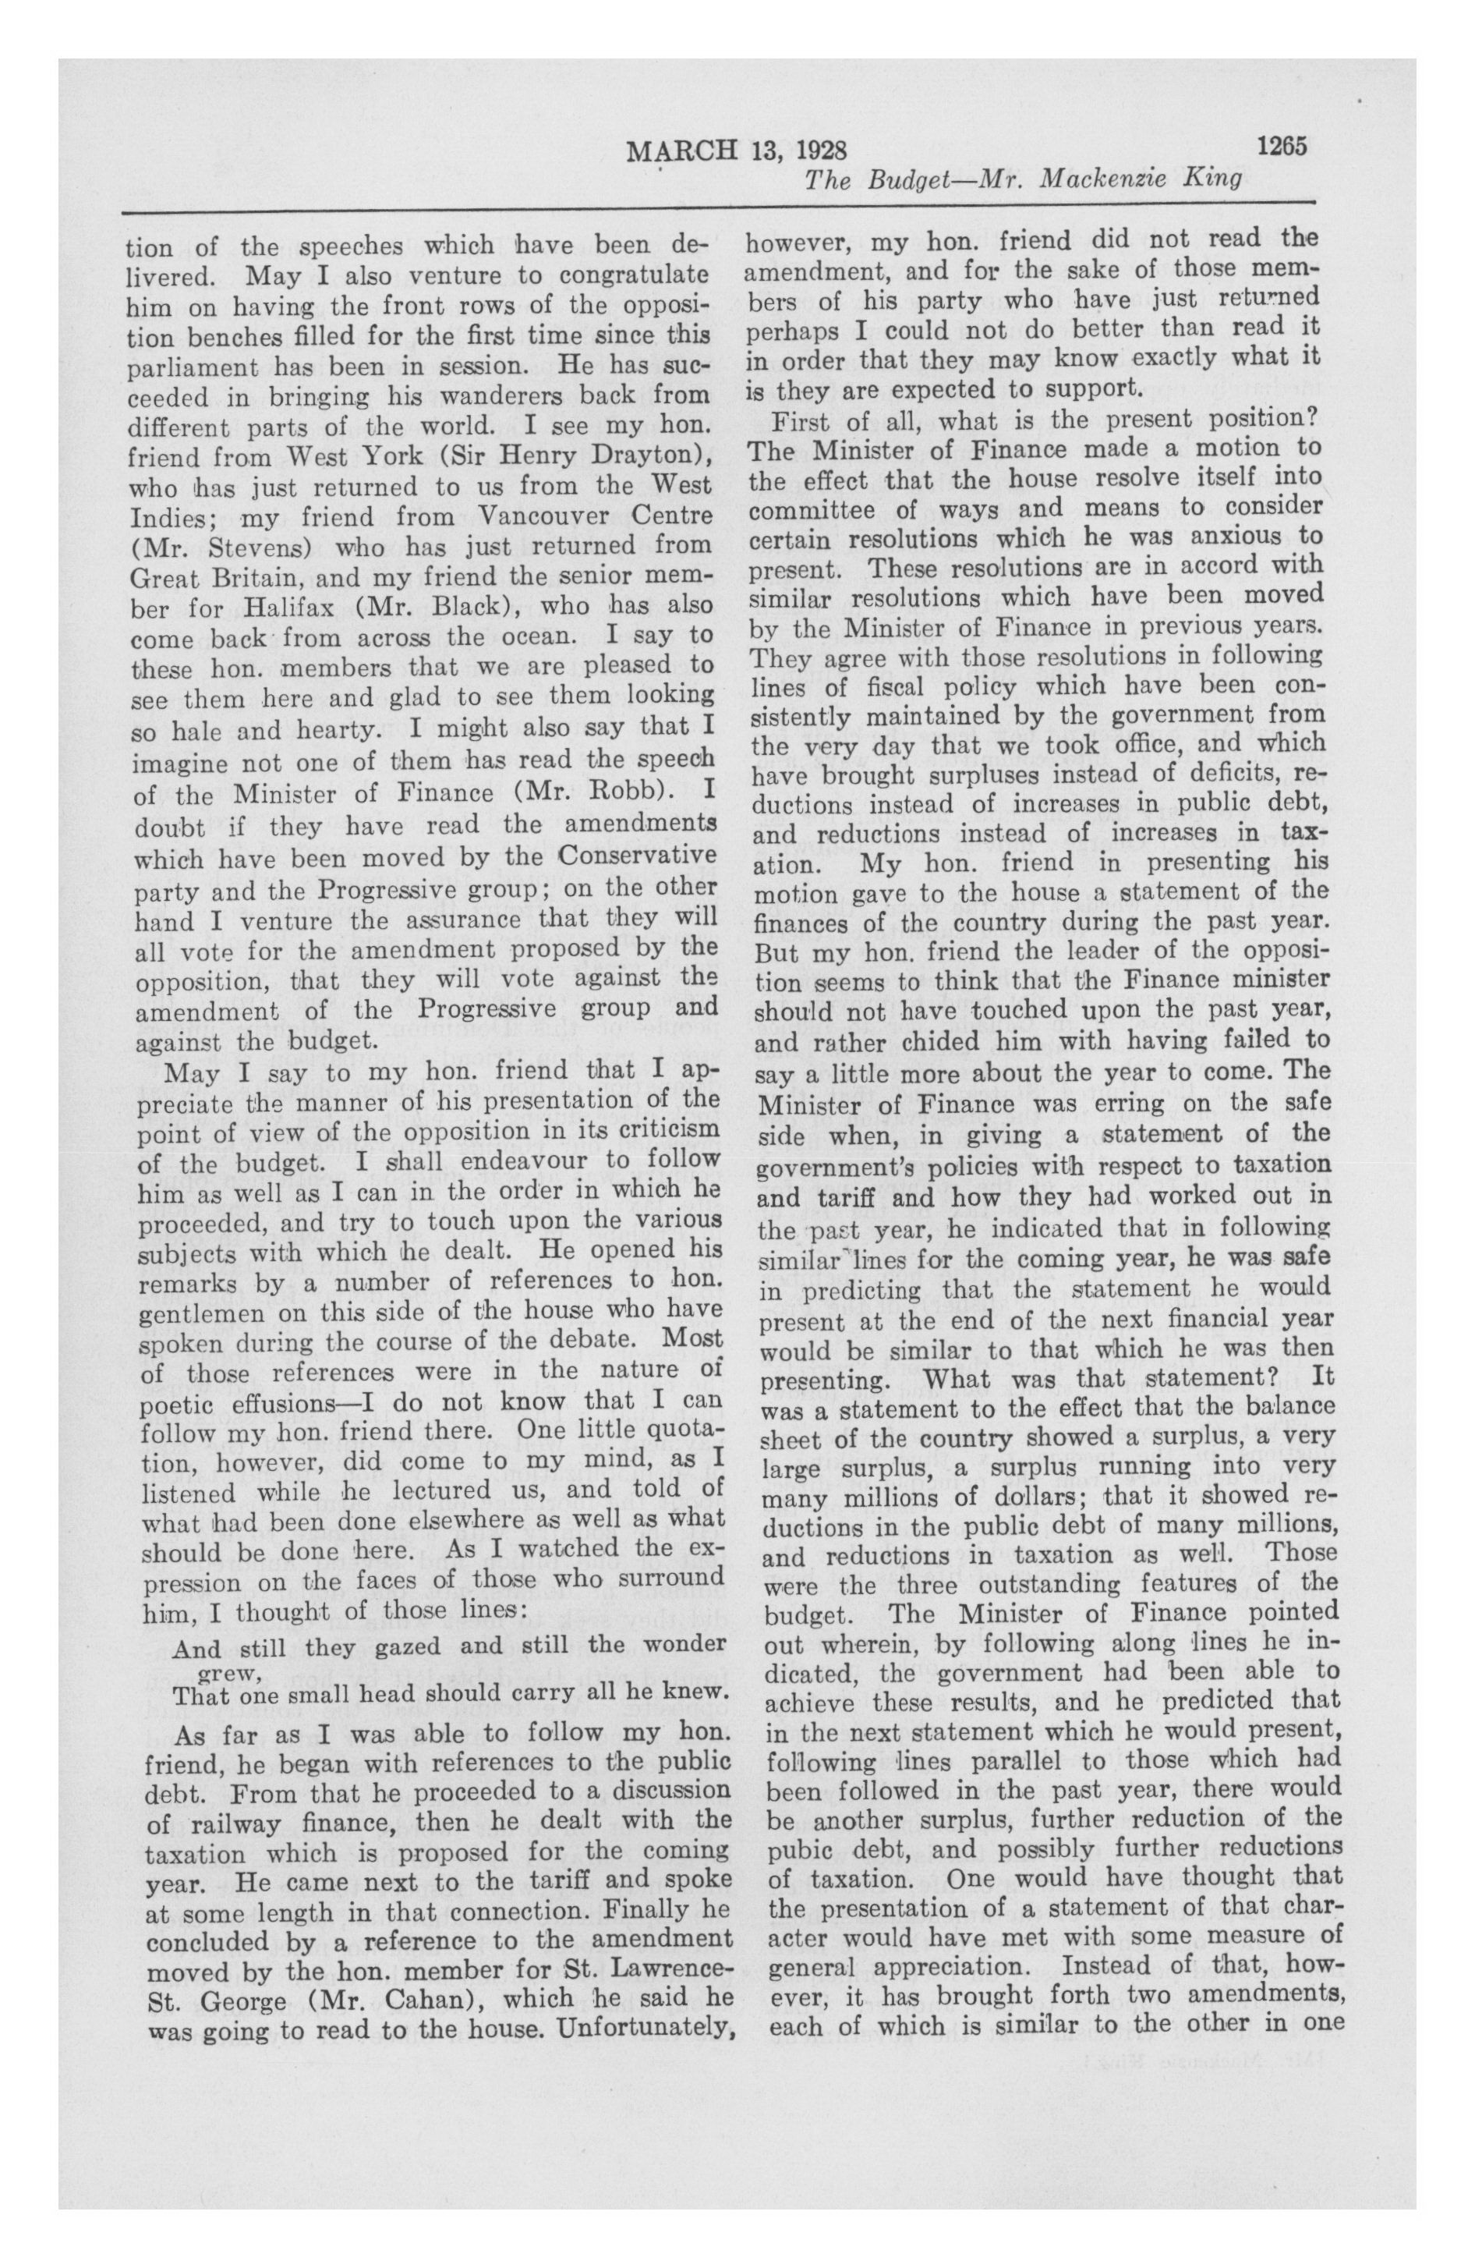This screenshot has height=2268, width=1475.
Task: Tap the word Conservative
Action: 635,853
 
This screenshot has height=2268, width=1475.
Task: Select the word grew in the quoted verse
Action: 228,1671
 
